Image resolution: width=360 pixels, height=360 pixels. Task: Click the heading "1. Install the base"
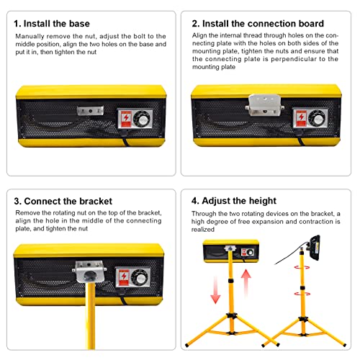coord(52,24)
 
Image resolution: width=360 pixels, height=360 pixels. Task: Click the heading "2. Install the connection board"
coord(258,24)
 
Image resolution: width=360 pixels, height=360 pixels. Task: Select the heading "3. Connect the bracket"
coord(63,201)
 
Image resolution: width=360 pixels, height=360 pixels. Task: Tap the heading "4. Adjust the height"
coord(234,201)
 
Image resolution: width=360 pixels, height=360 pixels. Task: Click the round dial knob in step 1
coord(142,119)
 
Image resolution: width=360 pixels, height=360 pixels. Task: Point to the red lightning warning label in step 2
coord(301,118)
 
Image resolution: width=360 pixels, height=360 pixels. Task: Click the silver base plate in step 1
coord(90,111)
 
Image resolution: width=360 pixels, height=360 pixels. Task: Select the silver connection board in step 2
coord(264,105)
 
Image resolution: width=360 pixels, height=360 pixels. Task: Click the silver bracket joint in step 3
coord(89,271)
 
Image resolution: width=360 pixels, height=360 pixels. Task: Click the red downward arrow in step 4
coord(215,290)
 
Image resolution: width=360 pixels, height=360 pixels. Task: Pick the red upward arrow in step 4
coord(246,283)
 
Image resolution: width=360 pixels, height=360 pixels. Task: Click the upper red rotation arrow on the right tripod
coord(302,267)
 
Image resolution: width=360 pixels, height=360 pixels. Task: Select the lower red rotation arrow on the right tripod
coord(302,294)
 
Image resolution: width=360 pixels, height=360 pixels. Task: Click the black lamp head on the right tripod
coord(315,248)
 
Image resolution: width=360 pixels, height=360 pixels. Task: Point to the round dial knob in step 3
coord(140,278)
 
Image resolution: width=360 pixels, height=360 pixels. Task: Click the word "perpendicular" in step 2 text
coord(293,59)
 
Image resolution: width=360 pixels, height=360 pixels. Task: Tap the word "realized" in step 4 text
coord(203,230)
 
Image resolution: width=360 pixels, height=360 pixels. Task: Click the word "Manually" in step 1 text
coord(30,37)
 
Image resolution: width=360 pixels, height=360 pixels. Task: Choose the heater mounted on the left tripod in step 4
coord(231,251)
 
